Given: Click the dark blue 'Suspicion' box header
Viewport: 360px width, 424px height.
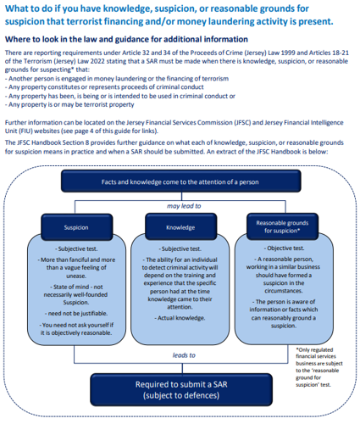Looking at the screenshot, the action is click(76, 227).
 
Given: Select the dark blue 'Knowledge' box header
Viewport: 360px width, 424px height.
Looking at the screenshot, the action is click(180, 227).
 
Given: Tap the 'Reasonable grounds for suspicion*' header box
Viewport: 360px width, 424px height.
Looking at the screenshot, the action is click(282, 226).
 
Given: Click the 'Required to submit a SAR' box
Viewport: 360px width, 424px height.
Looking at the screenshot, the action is click(181, 390).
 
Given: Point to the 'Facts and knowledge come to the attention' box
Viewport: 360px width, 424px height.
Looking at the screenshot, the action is click(181, 181).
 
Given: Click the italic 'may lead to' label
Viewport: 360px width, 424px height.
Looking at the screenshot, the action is click(184, 206).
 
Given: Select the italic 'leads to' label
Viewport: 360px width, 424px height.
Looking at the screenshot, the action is click(184, 355).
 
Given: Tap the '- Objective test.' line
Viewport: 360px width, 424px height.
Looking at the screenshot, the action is click(284, 248).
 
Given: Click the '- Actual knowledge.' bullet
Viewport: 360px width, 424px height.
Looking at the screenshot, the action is click(180, 318).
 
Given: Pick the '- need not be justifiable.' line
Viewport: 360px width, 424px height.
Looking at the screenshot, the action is click(76, 314).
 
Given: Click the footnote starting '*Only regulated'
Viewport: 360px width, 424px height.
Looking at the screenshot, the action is click(319, 367).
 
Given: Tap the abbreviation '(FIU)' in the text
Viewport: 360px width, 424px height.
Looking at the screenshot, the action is click(24, 131).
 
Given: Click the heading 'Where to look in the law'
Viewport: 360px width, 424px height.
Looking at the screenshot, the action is click(126, 39).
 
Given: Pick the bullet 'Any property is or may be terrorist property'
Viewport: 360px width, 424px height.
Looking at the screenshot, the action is click(69, 104).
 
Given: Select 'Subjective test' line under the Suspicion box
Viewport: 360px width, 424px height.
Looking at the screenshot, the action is click(76, 248).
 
